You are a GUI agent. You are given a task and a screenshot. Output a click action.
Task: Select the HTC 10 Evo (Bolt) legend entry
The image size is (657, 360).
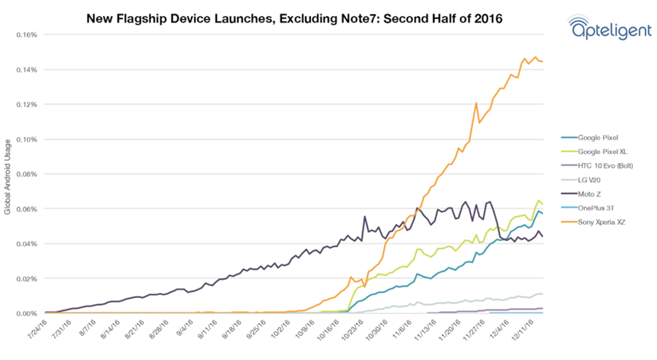[605, 166]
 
